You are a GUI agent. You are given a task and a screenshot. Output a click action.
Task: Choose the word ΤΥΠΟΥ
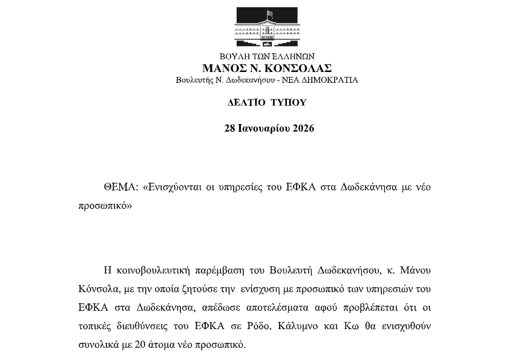[x=288, y=103]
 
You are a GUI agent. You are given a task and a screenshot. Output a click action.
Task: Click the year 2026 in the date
[x=302, y=128]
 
